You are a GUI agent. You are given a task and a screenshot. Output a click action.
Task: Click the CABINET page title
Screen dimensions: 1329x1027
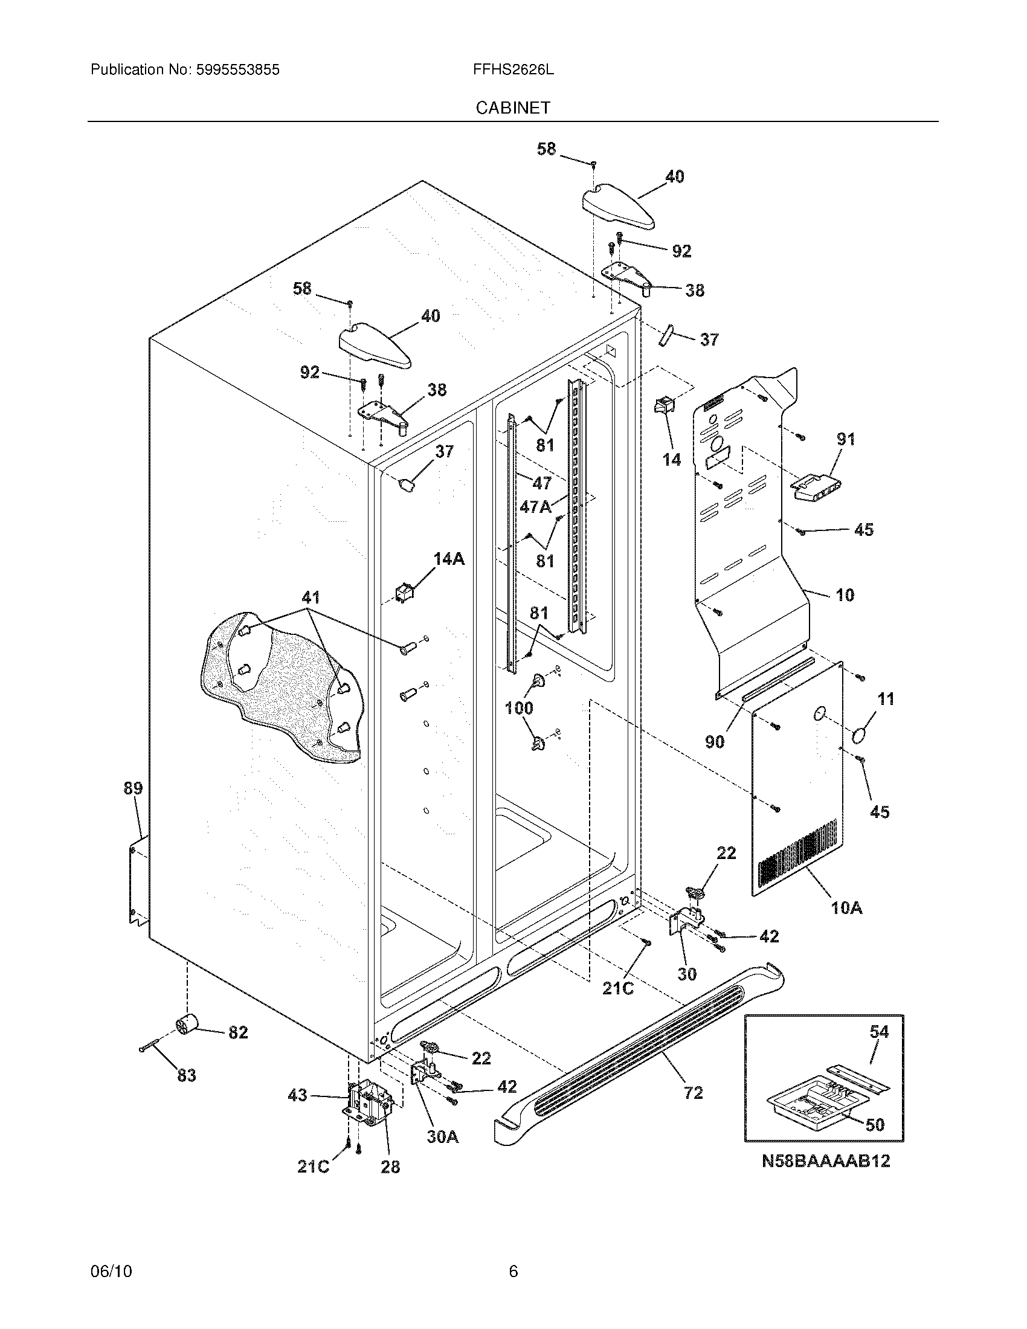tap(512, 108)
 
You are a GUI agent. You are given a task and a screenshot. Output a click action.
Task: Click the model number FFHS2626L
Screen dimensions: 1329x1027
tap(513, 70)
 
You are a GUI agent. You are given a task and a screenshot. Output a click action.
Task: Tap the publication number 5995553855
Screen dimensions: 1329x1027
tap(237, 70)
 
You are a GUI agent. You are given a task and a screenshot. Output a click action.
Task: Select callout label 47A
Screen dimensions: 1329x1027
tap(535, 506)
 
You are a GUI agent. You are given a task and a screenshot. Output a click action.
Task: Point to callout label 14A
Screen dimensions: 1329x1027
tap(448, 559)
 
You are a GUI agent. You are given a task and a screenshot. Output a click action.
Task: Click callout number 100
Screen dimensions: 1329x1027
tap(519, 708)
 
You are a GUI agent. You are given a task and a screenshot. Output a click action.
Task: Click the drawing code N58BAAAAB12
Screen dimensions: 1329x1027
tap(826, 1161)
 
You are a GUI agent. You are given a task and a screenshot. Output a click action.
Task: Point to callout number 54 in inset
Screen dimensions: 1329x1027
tap(879, 1031)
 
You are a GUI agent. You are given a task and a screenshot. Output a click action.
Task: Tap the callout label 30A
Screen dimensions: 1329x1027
tap(442, 1137)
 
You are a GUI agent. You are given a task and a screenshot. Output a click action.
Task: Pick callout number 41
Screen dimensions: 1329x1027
tap(311, 597)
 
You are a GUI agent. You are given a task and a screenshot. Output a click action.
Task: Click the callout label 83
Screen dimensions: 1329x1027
tap(186, 1075)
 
